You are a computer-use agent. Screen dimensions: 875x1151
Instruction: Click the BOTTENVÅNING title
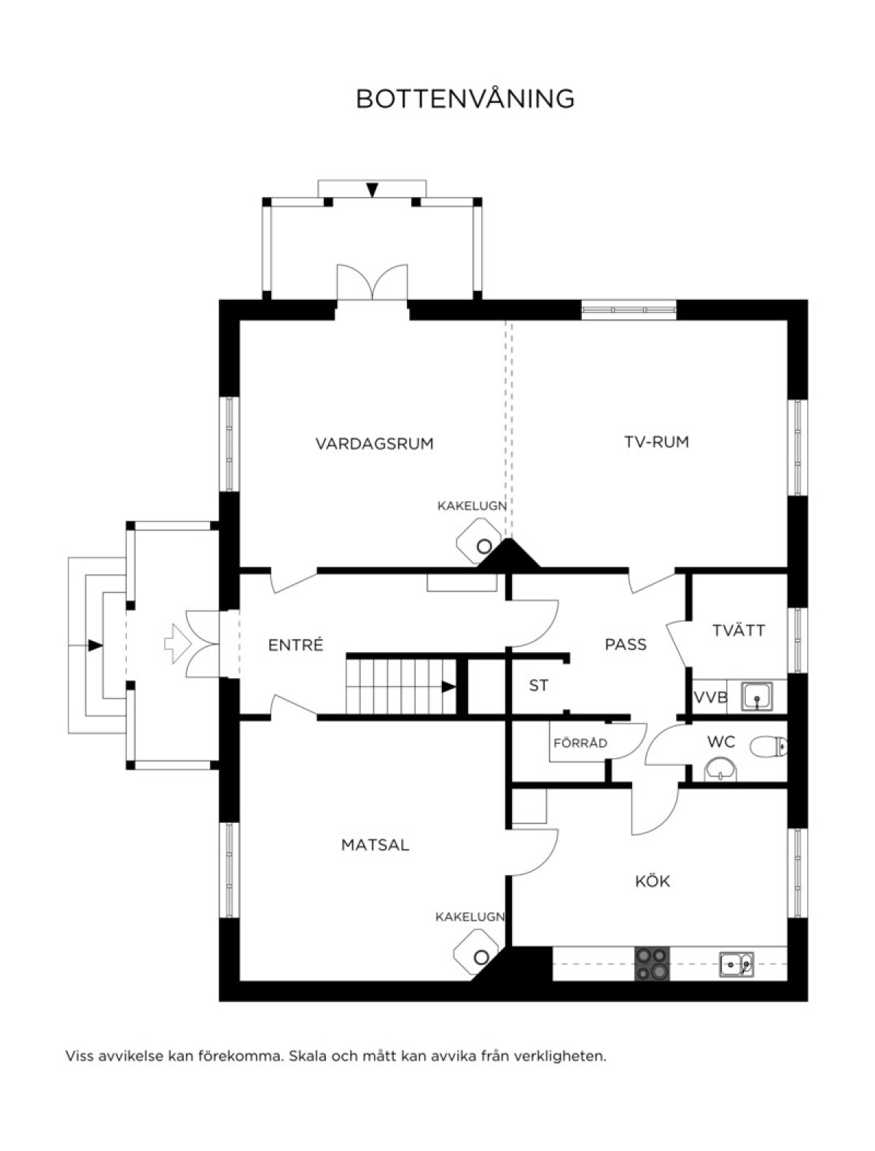pyautogui.click(x=464, y=98)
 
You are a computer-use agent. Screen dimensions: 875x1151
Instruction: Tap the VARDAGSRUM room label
pyautogui.click(x=374, y=443)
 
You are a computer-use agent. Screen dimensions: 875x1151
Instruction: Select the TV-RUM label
pyautogui.click(x=656, y=441)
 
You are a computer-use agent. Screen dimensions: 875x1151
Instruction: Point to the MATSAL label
pyautogui.click(x=375, y=845)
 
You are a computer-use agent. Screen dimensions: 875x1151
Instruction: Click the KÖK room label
pyautogui.click(x=653, y=880)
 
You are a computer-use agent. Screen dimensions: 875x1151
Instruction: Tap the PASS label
pyautogui.click(x=626, y=644)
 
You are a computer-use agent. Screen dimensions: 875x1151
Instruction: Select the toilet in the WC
pyautogui.click(x=768, y=747)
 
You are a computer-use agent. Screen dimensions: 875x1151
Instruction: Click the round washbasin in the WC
pyautogui.click(x=720, y=769)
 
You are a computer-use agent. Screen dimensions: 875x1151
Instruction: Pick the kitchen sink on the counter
pyautogui.click(x=736, y=964)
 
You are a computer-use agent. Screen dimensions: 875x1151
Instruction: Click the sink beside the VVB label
pyautogui.click(x=757, y=696)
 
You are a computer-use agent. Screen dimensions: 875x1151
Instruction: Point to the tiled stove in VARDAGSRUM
pyautogui.click(x=478, y=542)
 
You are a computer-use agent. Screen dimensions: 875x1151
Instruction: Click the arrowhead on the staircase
pyautogui.click(x=448, y=686)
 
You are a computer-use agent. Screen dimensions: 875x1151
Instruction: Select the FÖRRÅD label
pyautogui.click(x=580, y=743)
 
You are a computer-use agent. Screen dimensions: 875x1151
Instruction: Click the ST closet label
pyautogui.click(x=538, y=686)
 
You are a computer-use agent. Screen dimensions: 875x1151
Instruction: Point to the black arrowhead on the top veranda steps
pyautogui.click(x=372, y=190)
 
